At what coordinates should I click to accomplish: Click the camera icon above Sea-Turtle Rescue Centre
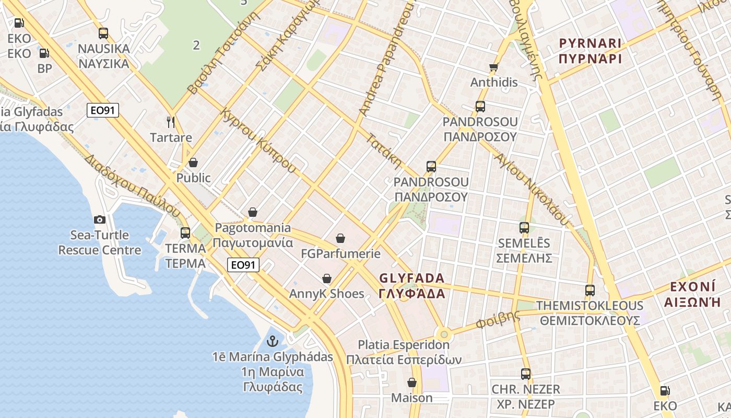99,220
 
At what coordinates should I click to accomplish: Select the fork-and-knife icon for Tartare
170,122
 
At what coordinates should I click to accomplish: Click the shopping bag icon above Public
193,162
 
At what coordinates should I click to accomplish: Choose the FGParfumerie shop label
340,253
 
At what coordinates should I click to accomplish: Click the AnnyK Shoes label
327,294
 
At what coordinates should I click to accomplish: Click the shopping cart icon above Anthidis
493,67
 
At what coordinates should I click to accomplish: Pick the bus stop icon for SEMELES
524,228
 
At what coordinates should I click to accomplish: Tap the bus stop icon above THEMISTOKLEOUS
590,291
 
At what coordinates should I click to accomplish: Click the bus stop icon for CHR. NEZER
526,374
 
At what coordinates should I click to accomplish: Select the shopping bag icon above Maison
412,382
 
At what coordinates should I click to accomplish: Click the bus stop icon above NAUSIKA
103,33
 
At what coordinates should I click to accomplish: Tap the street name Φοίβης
498,320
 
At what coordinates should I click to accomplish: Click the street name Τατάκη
384,152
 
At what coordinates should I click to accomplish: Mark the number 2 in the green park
196,45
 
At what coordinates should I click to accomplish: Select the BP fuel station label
45,68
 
